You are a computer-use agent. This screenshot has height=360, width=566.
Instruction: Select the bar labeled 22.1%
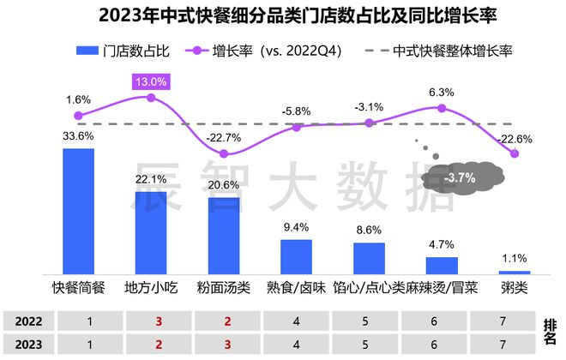click(151, 232)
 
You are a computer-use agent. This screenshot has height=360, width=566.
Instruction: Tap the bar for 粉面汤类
click(224, 235)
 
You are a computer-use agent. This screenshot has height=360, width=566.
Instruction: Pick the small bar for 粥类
click(515, 271)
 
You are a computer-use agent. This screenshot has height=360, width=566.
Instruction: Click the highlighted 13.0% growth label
click(151, 81)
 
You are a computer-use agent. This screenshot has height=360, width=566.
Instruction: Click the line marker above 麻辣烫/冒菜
click(442, 109)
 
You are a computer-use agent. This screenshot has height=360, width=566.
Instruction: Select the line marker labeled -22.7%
click(224, 153)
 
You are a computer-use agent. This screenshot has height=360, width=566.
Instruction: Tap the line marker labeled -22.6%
click(515, 153)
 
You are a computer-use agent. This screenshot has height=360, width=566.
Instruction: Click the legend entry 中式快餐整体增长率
click(437, 50)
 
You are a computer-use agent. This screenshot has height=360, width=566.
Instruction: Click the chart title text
click(283, 16)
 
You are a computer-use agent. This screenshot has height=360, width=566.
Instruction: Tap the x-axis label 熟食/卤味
click(297, 286)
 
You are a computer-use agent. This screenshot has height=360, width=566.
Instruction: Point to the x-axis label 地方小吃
click(151, 286)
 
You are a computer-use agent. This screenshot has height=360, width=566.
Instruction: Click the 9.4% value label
click(297, 228)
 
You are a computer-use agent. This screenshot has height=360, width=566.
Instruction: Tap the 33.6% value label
click(78, 135)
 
